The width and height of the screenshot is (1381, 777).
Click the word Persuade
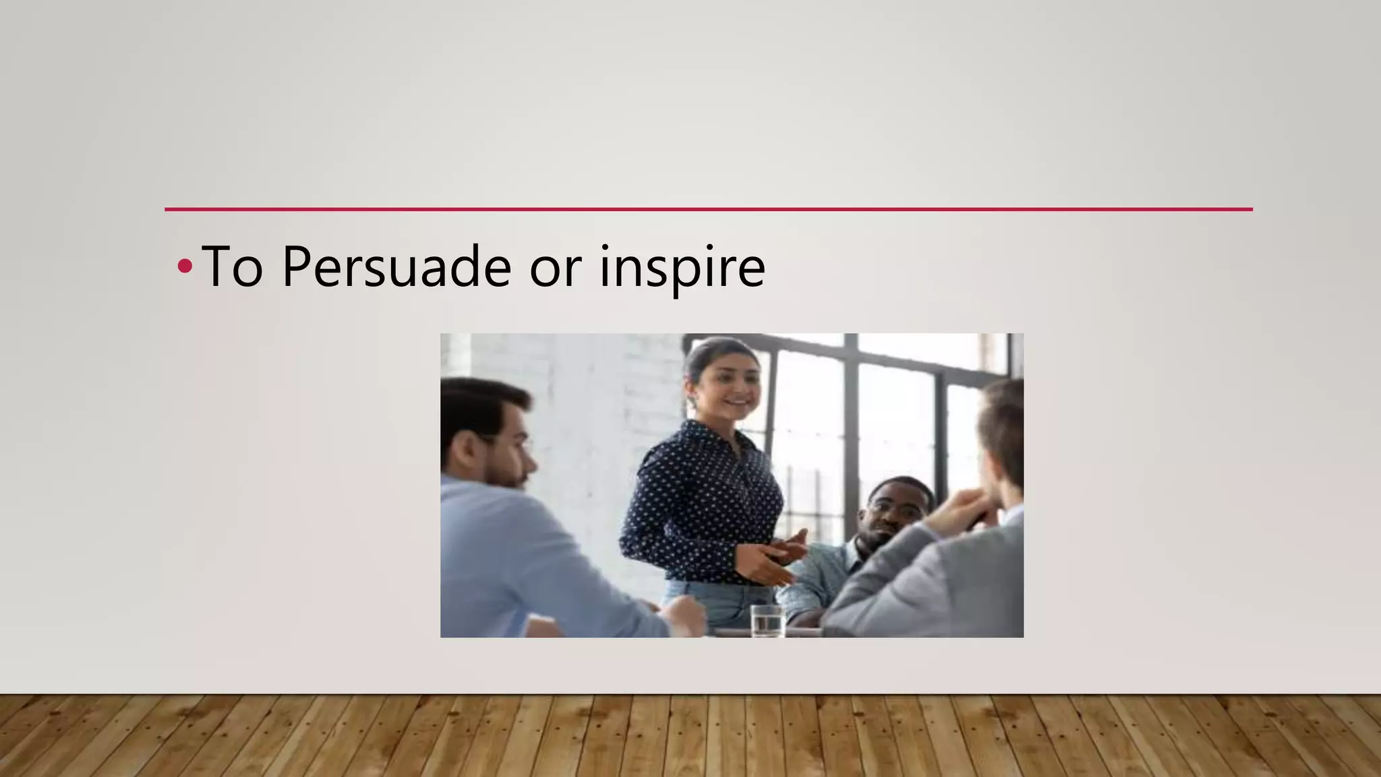pyautogui.click(x=396, y=267)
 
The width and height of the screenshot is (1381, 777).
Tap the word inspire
pyautogui.click(x=682, y=267)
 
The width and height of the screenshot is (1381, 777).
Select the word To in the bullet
pyautogui.click(x=231, y=267)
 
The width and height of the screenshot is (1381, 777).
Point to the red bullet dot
pyautogui.click(x=184, y=267)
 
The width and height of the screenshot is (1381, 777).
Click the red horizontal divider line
pyautogui.click(x=708, y=210)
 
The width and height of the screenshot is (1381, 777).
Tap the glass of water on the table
pyautogui.click(x=767, y=621)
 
